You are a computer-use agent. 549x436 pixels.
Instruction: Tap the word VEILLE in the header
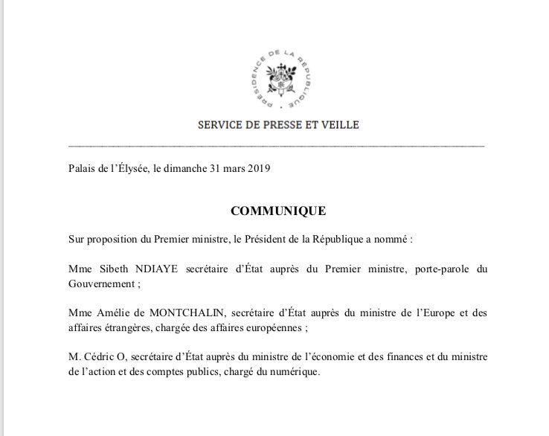[340, 125]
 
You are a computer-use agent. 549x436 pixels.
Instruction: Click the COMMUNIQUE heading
[277, 211]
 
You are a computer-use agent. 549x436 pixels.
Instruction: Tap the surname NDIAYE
[148, 266]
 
